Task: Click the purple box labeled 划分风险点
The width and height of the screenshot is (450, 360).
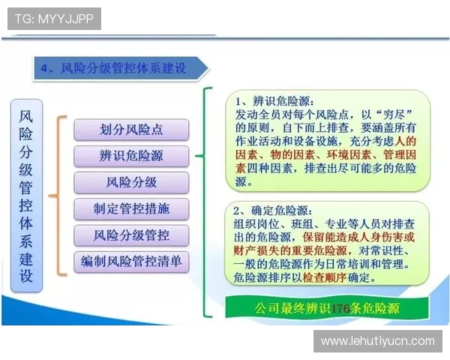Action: [x=131, y=130]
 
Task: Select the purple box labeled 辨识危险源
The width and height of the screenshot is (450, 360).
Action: [x=131, y=156]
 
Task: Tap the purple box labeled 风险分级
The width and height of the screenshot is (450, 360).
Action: [x=131, y=182]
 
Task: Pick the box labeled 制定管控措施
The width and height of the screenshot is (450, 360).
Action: [x=131, y=208]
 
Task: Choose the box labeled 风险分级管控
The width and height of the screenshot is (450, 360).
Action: [x=131, y=235]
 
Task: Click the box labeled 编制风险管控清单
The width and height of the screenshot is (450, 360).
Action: [x=131, y=262]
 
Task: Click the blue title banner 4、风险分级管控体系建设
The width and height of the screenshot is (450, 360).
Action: [x=120, y=68]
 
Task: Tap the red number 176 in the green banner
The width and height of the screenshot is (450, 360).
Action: [x=341, y=308]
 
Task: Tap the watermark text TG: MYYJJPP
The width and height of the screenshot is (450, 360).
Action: [x=54, y=18]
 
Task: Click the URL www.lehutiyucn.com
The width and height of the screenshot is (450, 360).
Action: [x=377, y=340]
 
